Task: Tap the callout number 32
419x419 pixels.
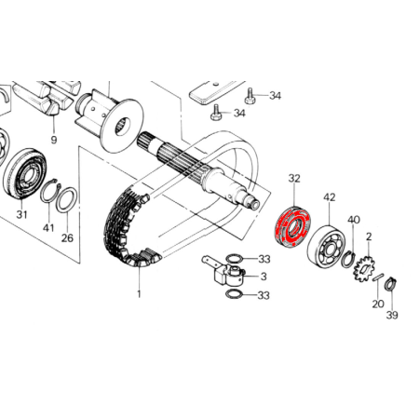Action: coord(294,179)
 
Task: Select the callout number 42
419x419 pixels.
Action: coord(330,197)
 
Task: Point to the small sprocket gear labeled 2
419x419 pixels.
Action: coord(364,268)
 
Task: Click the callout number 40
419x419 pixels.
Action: coord(354,220)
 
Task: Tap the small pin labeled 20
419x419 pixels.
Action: coord(379,277)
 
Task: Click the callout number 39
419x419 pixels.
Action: coord(392,315)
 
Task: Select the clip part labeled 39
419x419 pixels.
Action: coord(391,284)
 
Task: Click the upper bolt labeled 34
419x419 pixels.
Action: coord(250,96)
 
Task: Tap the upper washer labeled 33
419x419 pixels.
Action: coord(235,258)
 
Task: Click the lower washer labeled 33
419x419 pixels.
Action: coord(235,294)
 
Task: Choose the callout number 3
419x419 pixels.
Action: coord(264,277)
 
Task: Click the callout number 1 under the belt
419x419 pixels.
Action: coord(139,293)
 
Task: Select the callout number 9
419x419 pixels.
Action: coord(54,140)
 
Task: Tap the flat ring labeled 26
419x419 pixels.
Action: coord(67,200)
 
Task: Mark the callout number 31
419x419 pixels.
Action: coord(21,214)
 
